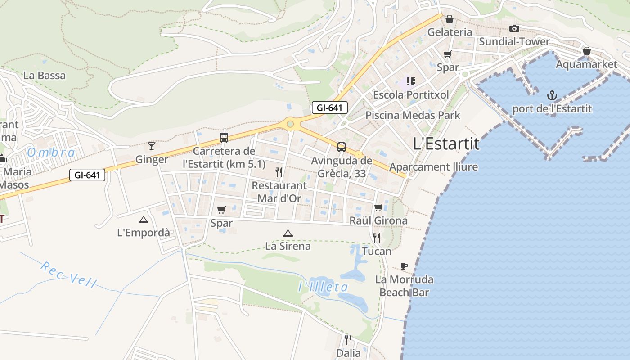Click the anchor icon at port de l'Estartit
552,95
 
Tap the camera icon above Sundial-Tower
514,29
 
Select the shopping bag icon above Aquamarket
586,51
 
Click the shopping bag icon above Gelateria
449,19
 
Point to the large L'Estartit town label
446,144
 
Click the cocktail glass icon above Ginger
152,146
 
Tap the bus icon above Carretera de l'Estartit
224,138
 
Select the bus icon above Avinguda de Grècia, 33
342,147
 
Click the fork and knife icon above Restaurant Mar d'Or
279,172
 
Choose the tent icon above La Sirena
288,233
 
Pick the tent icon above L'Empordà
143,220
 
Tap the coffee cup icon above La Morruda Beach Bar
404,266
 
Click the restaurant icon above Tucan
377,238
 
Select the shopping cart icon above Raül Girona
378,207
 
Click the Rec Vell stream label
68,274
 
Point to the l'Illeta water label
323,287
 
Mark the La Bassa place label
44,76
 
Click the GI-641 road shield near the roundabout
330,108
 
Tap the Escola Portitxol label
411,95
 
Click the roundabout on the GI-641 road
290,124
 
